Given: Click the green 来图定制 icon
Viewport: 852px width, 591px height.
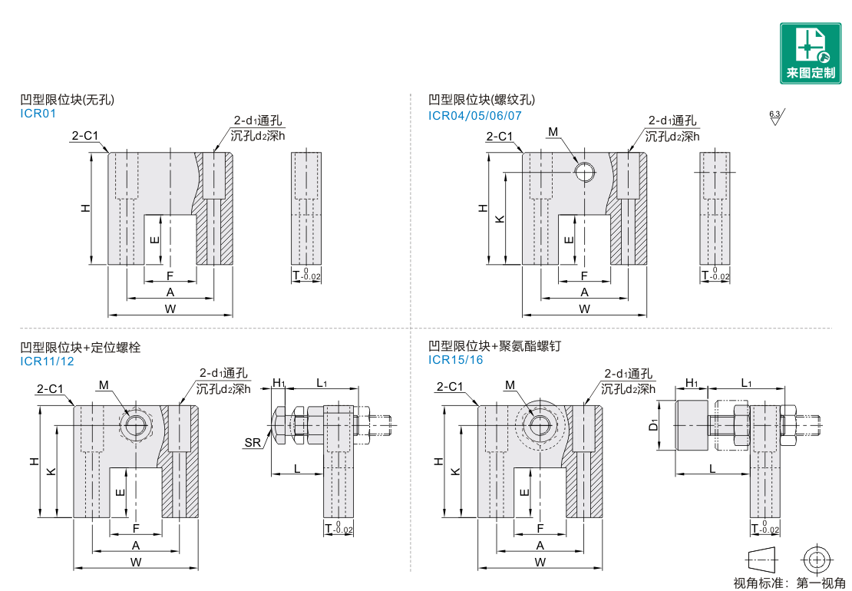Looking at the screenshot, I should pyautogui.click(x=811, y=52).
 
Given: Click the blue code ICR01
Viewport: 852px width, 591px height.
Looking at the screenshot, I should pyautogui.click(x=38, y=114).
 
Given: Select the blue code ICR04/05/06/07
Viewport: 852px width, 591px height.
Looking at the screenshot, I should pyautogui.click(x=475, y=115).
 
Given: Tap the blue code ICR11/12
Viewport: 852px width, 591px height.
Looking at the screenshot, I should pyautogui.click(x=47, y=362).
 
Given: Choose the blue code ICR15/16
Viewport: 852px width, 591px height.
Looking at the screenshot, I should pyautogui.click(x=456, y=359).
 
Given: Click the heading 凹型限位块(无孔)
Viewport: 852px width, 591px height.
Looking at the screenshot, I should pyautogui.click(x=68, y=100).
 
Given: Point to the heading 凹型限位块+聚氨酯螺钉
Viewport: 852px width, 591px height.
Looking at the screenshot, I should pyautogui.click(x=494, y=346).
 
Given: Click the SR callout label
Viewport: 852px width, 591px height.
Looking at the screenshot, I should pyautogui.click(x=252, y=442).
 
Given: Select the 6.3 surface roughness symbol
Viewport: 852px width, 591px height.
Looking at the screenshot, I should pyautogui.click(x=776, y=117).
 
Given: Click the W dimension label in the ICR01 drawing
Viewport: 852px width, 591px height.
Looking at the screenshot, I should pyautogui.click(x=170, y=309).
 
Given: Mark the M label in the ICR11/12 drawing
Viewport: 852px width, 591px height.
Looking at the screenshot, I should pyautogui.click(x=104, y=385).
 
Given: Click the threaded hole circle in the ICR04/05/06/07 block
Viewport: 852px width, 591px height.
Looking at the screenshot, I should pyautogui.click(x=585, y=172).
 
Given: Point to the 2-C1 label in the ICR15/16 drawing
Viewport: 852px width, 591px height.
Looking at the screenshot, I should pyautogui.click(x=450, y=387).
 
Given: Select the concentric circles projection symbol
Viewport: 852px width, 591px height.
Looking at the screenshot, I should pyautogui.click(x=816, y=558).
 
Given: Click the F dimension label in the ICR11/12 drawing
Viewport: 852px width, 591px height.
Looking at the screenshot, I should pyautogui.click(x=136, y=528).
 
